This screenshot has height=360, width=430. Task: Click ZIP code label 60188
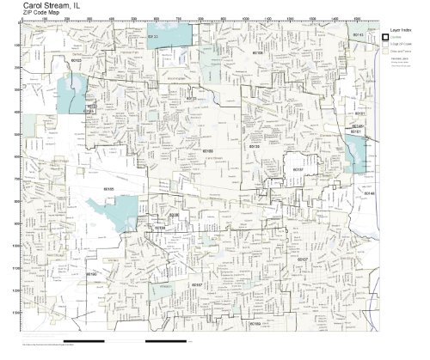click(207, 149)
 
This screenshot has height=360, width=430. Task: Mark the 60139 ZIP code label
click(254, 148)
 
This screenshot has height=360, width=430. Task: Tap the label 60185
click(108, 186)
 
